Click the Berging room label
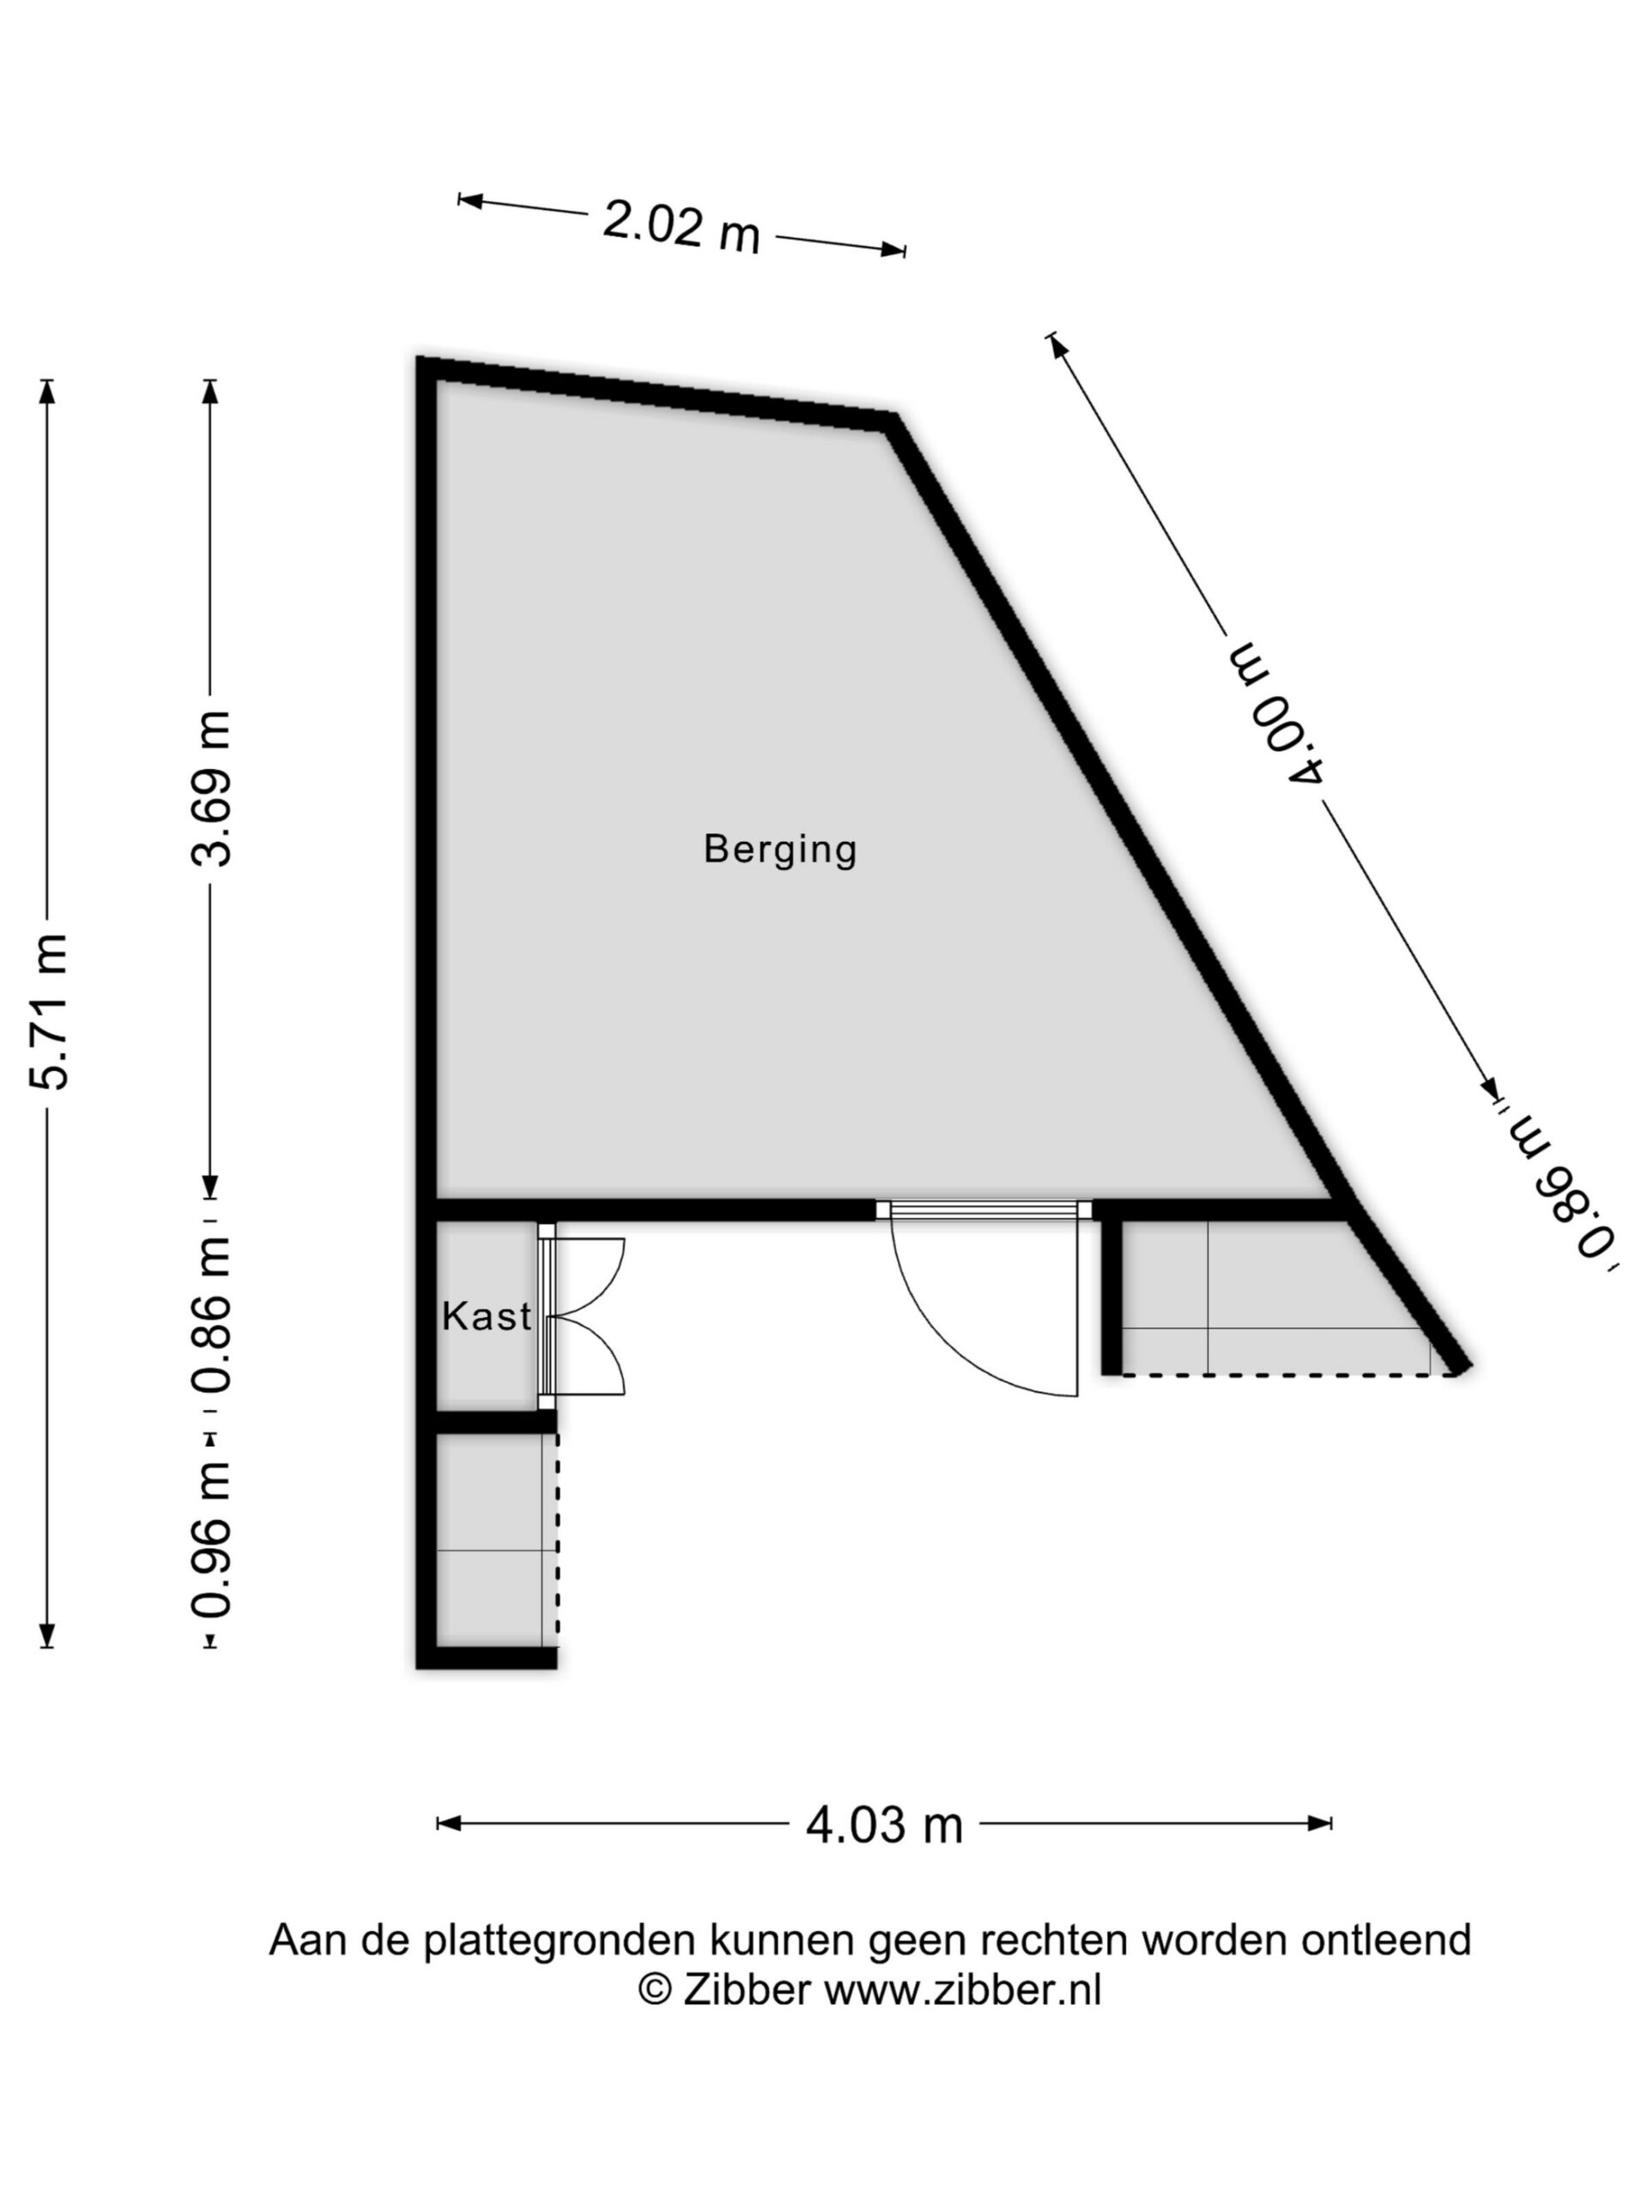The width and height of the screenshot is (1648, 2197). pyautogui.click(x=779, y=850)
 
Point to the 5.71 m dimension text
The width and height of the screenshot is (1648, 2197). pyautogui.click(x=50, y=1012)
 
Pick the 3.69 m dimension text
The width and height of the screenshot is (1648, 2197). pyautogui.click(x=212, y=789)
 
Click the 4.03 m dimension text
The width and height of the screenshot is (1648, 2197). pyautogui.click(x=884, y=1825)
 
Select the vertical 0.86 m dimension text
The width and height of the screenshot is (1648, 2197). pyautogui.click(x=212, y=1316)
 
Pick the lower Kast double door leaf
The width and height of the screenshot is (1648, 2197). pyautogui.click(x=587, y=1356)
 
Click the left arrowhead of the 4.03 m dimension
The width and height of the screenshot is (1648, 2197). pyautogui.click(x=449, y=1824)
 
